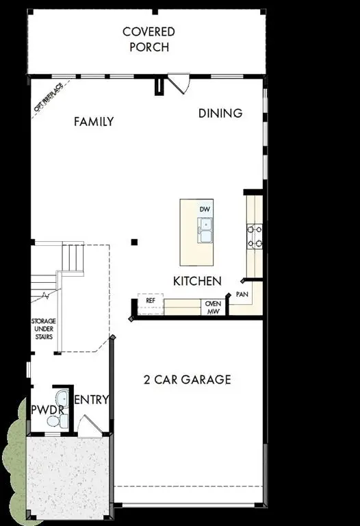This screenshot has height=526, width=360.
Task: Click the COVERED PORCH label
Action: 149,40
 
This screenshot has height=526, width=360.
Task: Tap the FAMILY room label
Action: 94,122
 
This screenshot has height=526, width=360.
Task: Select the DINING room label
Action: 220,113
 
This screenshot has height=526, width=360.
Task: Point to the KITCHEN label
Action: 197,281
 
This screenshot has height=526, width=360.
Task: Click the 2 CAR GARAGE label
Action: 187,379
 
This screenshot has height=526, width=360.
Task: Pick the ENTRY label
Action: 92,400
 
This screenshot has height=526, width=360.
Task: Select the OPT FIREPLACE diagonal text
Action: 49,97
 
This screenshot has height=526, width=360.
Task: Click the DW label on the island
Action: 205,209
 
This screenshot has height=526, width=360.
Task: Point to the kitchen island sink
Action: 205,230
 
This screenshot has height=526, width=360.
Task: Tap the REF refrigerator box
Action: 151,299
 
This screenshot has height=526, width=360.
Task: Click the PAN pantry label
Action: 242,294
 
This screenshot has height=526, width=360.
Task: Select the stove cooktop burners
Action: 255,236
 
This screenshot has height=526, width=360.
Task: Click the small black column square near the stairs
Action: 135,242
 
